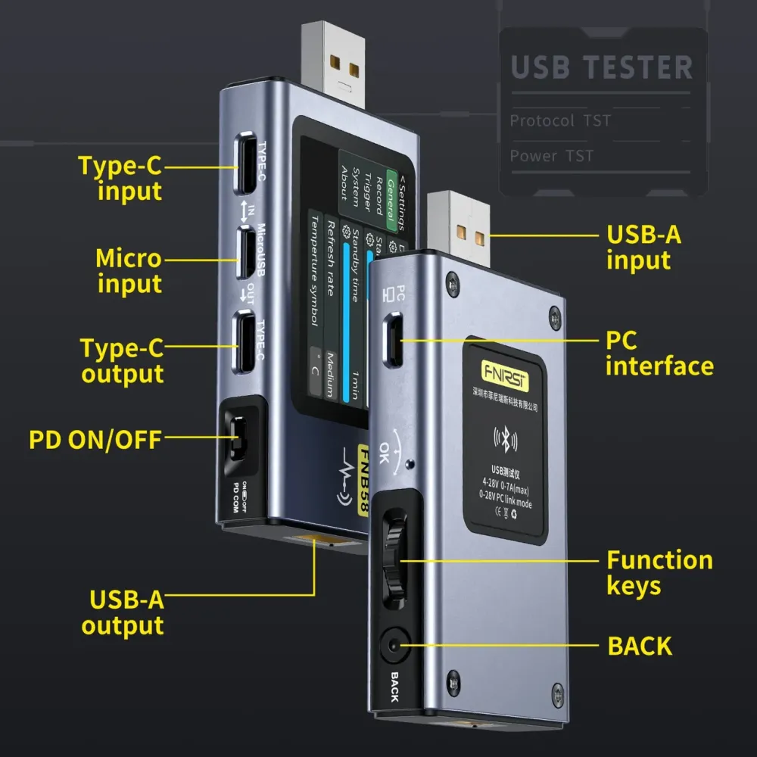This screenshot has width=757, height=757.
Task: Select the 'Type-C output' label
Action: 122,361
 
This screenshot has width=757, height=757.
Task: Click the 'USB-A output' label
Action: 125,612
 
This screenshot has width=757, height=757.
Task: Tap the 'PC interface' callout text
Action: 659,354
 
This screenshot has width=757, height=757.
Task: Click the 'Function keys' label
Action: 659,572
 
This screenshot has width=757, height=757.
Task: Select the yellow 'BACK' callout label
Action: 640,646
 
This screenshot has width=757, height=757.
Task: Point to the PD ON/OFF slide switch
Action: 238,438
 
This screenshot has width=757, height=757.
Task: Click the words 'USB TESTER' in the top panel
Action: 602,67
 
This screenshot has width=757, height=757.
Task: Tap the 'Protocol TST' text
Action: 559,120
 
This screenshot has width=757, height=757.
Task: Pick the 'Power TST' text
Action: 551,156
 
